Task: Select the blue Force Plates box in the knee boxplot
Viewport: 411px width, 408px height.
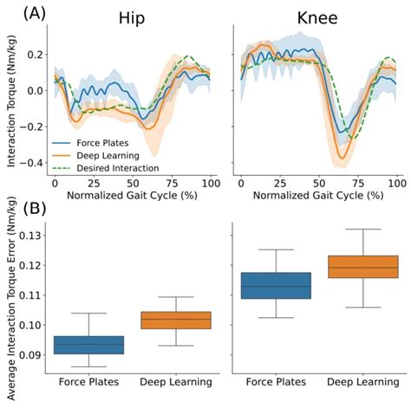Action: point(275,285)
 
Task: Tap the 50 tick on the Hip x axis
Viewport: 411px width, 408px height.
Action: point(133,185)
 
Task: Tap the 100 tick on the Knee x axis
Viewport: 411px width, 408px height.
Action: point(395,185)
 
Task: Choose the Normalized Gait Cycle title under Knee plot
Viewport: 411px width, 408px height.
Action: point(317,197)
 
